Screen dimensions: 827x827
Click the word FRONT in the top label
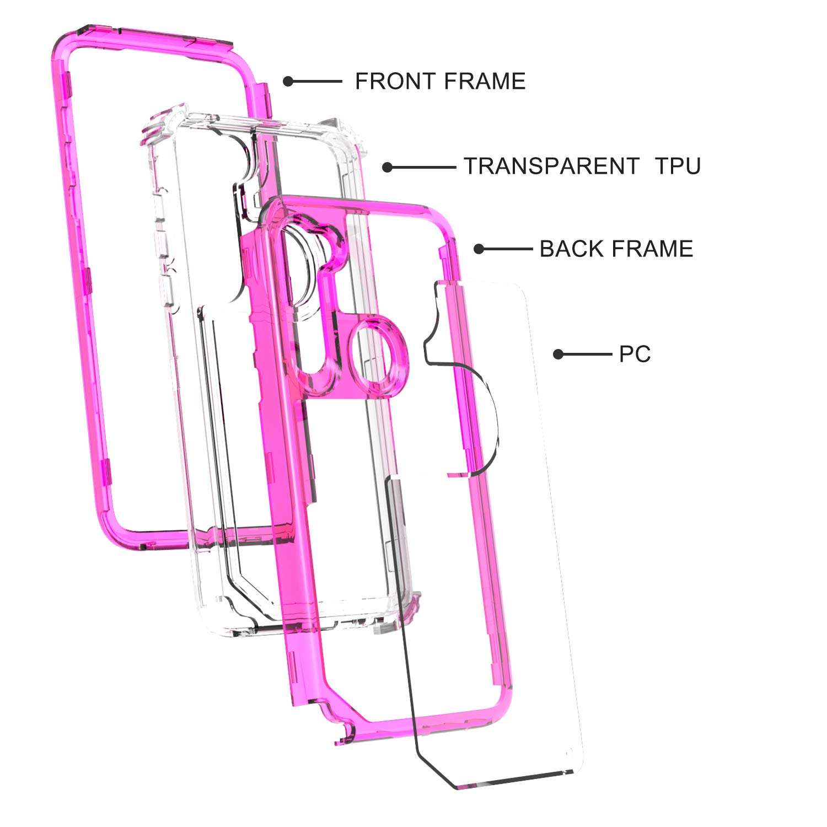(x=395, y=82)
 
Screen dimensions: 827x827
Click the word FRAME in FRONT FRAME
(x=485, y=82)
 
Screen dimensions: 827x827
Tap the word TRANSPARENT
(x=551, y=166)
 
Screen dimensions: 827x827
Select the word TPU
(x=678, y=166)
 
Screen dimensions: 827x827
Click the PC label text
(x=635, y=354)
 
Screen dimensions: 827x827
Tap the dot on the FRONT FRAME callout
(x=288, y=82)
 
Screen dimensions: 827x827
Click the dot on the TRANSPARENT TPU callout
(x=388, y=167)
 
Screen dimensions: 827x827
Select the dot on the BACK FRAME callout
(x=479, y=249)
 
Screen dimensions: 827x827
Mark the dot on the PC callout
(x=559, y=354)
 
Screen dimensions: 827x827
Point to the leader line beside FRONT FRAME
(x=317, y=82)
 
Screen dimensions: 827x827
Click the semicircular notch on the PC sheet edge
(x=485, y=419)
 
